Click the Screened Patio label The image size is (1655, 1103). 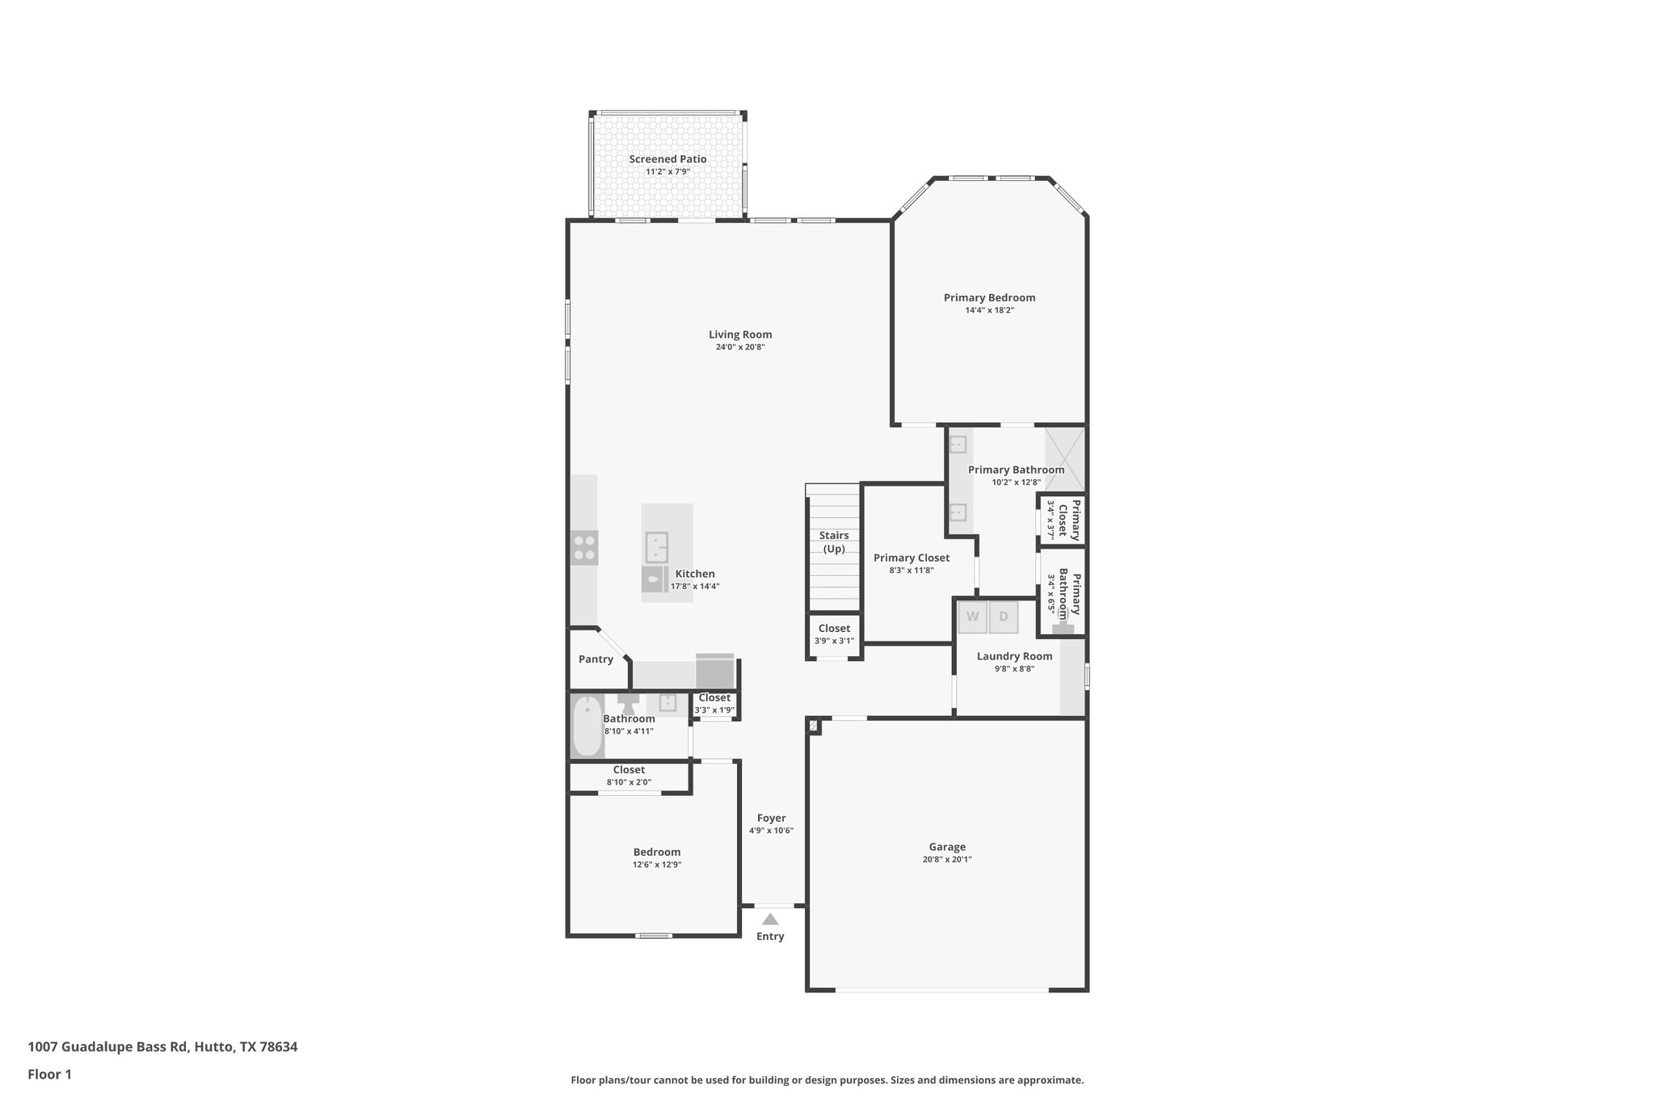point(667,159)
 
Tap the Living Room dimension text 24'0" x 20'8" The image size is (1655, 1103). point(739,347)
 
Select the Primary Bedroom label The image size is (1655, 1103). point(989,297)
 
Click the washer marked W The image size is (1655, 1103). point(973,617)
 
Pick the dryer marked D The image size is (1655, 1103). point(1004,617)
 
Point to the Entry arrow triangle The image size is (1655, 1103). point(770,919)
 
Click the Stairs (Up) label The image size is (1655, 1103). point(834,541)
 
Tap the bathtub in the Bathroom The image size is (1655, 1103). point(587,726)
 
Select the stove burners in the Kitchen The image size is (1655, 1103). point(584,547)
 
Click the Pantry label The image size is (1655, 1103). point(596,659)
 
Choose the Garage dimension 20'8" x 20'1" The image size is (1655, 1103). point(946,860)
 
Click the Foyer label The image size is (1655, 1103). point(771,818)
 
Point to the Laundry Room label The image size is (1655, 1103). point(1014,656)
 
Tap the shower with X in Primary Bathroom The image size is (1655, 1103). point(1064,459)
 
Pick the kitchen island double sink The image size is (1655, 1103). point(657,547)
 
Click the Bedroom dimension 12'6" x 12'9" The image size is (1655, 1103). point(656,865)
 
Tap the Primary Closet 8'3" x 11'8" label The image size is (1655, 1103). point(911,558)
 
